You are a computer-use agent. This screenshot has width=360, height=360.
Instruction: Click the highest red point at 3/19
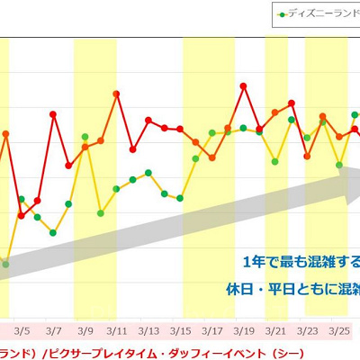pyautogui.click(x=244, y=86)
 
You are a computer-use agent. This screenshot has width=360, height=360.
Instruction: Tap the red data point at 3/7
pyautogui.click(x=53, y=114)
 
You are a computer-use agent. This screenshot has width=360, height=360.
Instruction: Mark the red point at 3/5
pyautogui.click(x=22, y=215)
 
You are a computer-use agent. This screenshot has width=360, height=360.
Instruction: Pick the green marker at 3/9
pyautogui.click(x=85, y=136)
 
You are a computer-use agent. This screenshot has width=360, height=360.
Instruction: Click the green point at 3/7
pyautogui.click(x=53, y=232)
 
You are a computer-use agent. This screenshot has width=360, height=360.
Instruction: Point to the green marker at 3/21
pyautogui.click(x=275, y=162)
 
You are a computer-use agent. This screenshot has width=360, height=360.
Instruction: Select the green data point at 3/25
pyautogui.click(x=339, y=165)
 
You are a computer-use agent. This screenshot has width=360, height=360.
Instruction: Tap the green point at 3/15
pyautogui.click(x=180, y=197)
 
